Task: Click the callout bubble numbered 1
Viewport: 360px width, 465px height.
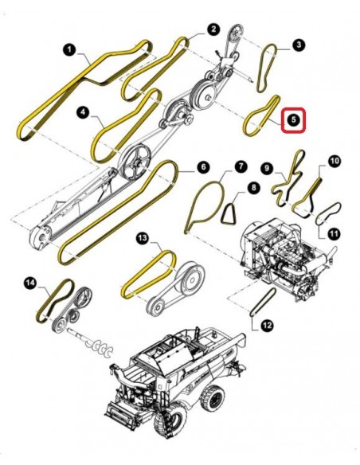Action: pyautogui.click(x=69, y=49)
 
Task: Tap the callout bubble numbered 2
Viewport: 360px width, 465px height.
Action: pyautogui.click(x=213, y=29)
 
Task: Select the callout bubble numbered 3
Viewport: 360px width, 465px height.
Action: pyautogui.click(x=299, y=45)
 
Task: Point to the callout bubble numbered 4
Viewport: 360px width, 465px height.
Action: pyautogui.click(x=84, y=112)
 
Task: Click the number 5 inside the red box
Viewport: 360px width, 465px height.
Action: pyautogui.click(x=293, y=119)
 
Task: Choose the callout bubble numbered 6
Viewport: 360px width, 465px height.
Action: pyautogui.click(x=203, y=167)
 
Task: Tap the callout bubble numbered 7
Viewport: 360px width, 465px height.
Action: pyautogui.click(x=241, y=166)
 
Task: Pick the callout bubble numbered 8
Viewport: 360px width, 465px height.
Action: pyautogui.click(x=253, y=188)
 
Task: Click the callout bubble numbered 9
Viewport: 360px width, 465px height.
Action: pyautogui.click(x=267, y=169)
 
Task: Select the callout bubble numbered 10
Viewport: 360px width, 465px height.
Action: pyautogui.click(x=334, y=162)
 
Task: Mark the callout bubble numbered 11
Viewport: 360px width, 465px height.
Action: pyautogui.click(x=334, y=234)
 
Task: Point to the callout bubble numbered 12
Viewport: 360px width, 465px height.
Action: pyautogui.click(x=267, y=326)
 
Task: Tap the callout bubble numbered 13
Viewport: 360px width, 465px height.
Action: pyautogui.click(x=143, y=237)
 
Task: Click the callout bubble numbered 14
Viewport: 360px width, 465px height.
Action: pyautogui.click(x=30, y=283)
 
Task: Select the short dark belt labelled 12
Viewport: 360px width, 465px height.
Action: pyautogui.click(x=263, y=302)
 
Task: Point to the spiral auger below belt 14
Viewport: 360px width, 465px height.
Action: pyautogui.click(x=94, y=343)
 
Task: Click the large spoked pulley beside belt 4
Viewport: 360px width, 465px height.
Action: pyautogui.click(x=135, y=162)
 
